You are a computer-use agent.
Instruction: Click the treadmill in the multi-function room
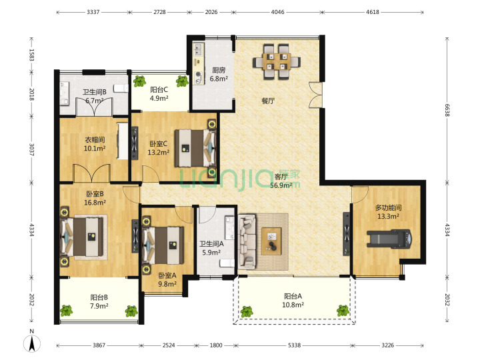coord(389,239)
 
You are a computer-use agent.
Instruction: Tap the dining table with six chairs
coord(277,62)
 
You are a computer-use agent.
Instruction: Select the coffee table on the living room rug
coord(271,241)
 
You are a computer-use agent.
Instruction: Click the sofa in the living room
coord(247,242)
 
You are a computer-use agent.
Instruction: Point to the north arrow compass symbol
coord(32,342)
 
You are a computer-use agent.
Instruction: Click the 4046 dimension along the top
coord(277,12)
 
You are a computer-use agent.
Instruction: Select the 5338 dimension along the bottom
coord(294,345)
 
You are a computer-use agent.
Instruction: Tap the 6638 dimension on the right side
coord(447,110)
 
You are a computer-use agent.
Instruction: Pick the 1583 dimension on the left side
coord(31,55)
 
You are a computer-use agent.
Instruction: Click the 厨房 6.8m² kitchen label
coord(219,75)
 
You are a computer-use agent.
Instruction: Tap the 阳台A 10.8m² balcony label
coord(293,300)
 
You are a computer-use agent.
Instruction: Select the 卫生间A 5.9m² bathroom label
coord(211,248)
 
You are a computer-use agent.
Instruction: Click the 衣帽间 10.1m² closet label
coord(95,144)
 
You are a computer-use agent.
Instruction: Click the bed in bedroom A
coord(163,245)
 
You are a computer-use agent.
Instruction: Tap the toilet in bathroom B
coord(121,88)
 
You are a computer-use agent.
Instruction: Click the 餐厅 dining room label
coord(268,101)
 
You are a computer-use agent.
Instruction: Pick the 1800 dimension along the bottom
coord(216,345)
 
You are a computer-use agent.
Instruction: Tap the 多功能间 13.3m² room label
coord(388,212)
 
